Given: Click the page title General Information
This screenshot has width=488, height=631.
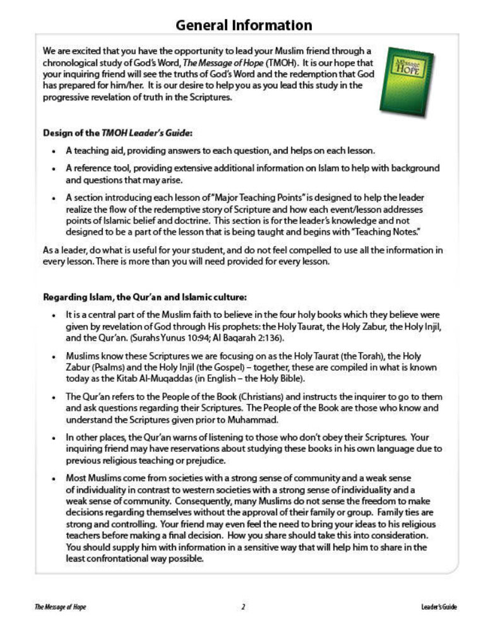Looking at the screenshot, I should (x=244, y=25).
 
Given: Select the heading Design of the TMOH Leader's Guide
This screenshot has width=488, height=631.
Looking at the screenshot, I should (x=117, y=133).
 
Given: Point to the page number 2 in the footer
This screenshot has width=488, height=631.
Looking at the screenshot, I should (x=244, y=607).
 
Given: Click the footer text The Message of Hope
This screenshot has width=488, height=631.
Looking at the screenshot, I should (x=61, y=607).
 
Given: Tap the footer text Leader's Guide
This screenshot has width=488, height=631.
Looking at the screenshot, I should (x=439, y=607).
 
